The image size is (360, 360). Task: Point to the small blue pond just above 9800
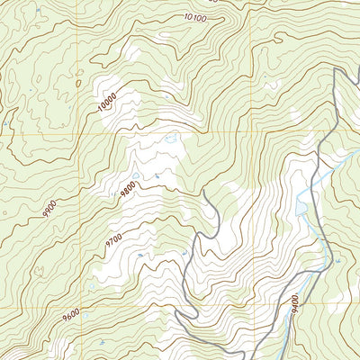pos(136,175)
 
